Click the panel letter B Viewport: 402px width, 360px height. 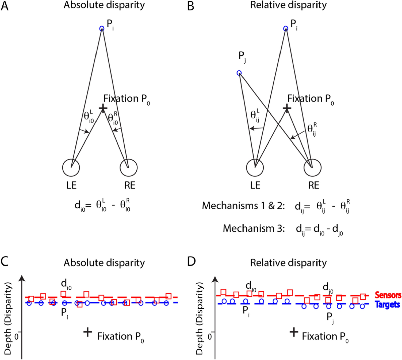click(190, 6)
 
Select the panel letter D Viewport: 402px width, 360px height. click(191, 262)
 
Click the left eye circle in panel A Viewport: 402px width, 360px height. click(71, 167)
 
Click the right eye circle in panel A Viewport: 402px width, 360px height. click(128, 167)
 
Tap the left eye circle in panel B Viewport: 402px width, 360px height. click(255, 167)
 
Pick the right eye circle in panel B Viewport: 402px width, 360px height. click(312, 167)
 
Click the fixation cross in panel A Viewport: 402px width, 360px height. click(103, 107)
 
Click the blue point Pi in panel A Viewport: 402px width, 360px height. click(102, 28)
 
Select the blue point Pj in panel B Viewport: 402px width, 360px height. click(239, 73)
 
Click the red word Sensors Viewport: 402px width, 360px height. click(388, 295)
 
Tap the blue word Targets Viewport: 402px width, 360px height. click(388, 304)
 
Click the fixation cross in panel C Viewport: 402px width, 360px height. click(87, 332)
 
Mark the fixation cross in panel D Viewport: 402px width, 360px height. click(294, 332)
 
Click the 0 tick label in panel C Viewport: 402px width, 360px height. click(16, 335)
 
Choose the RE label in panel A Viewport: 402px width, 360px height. click(130, 185)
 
